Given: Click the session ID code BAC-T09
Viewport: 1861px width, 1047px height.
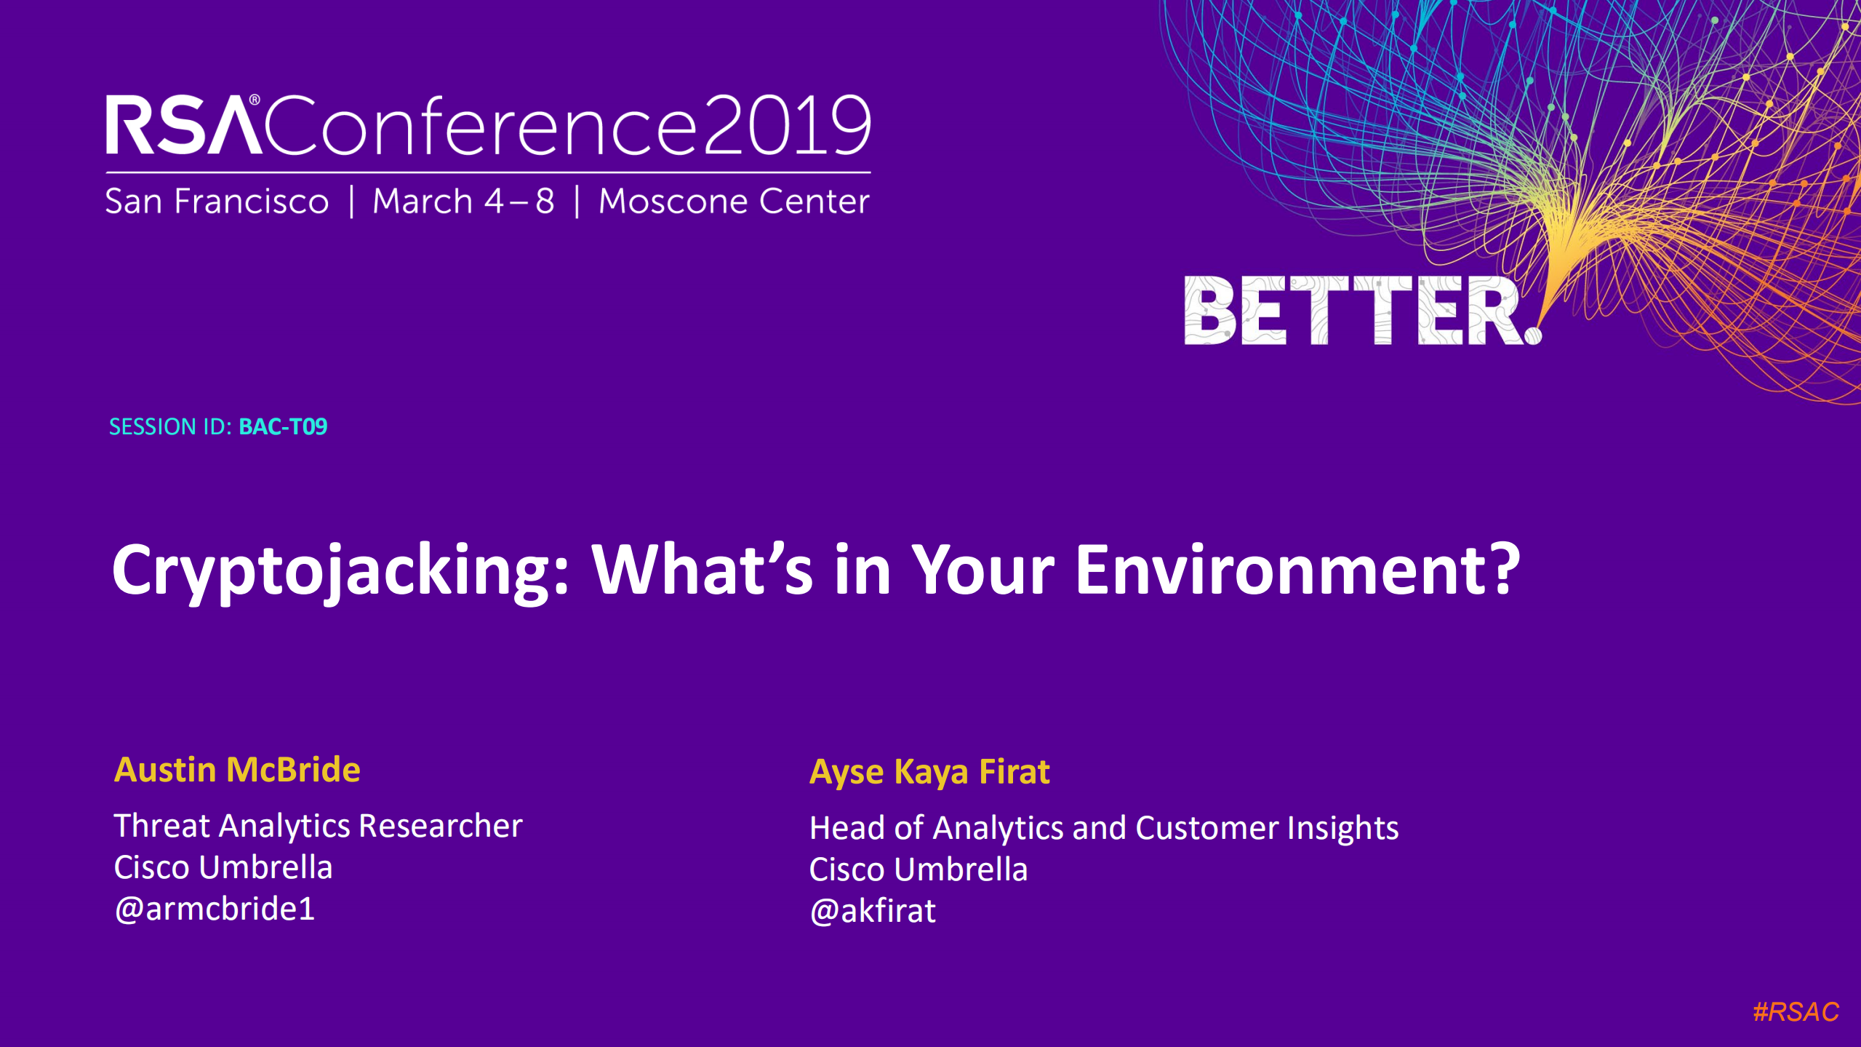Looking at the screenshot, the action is [283, 426].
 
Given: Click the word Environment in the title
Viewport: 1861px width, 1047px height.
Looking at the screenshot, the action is [1297, 569].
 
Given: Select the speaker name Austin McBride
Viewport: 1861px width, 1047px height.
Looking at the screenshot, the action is [237, 770].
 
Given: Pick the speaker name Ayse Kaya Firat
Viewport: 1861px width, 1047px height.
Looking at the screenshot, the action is [929, 773].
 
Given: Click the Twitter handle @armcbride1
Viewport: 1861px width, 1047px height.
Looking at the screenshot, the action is [215, 909].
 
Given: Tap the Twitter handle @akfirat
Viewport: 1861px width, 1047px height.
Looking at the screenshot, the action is [873, 911].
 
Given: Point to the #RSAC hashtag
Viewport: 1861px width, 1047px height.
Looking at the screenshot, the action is [1796, 1012].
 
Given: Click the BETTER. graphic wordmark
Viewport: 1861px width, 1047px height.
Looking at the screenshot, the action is [1363, 311].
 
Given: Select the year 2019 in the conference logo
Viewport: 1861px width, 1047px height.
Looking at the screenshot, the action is [787, 126].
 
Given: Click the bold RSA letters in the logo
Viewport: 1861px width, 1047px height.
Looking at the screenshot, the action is [184, 125].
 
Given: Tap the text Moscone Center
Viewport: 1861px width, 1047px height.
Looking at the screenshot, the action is [734, 202].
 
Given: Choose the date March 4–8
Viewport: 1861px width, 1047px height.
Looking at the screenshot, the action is [463, 202].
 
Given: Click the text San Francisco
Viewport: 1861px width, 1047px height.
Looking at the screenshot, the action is [217, 202].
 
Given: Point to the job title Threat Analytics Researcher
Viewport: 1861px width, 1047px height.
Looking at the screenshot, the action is [319, 827].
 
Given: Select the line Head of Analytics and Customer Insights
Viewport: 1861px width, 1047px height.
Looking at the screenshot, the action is [1104, 829].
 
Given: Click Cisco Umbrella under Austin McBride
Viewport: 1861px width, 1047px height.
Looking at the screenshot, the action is [223, 867].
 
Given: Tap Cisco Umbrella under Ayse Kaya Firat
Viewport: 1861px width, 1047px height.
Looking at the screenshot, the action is [919, 869].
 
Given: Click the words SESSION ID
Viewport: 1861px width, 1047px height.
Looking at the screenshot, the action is [170, 426].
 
